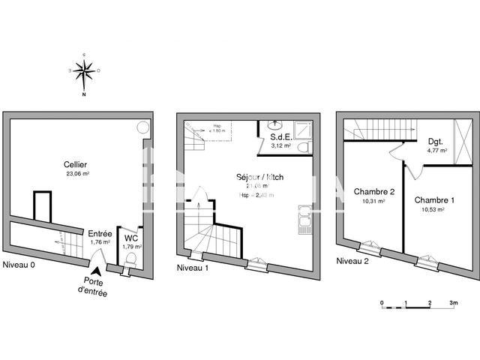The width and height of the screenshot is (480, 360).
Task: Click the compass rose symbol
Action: (84, 73)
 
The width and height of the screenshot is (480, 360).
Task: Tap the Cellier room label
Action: (74, 163)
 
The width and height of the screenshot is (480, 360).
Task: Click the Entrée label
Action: (100, 233)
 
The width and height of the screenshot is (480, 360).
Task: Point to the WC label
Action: (131, 238)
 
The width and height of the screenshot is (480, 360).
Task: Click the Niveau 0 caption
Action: (19, 266)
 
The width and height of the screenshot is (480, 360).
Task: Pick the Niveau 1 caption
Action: (193, 268)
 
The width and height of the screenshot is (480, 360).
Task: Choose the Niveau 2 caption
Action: (352, 261)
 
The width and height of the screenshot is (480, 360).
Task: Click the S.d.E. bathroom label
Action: (280, 137)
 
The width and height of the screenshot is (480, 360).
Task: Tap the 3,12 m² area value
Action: (280, 146)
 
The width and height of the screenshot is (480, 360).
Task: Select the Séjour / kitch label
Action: (259, 178)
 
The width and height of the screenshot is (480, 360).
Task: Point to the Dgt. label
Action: (436, 141)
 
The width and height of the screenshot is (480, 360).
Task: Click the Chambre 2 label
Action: (373, 192)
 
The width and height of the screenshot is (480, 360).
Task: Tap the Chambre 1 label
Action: (435, 200)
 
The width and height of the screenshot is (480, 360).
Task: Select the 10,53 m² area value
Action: (435, 210)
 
